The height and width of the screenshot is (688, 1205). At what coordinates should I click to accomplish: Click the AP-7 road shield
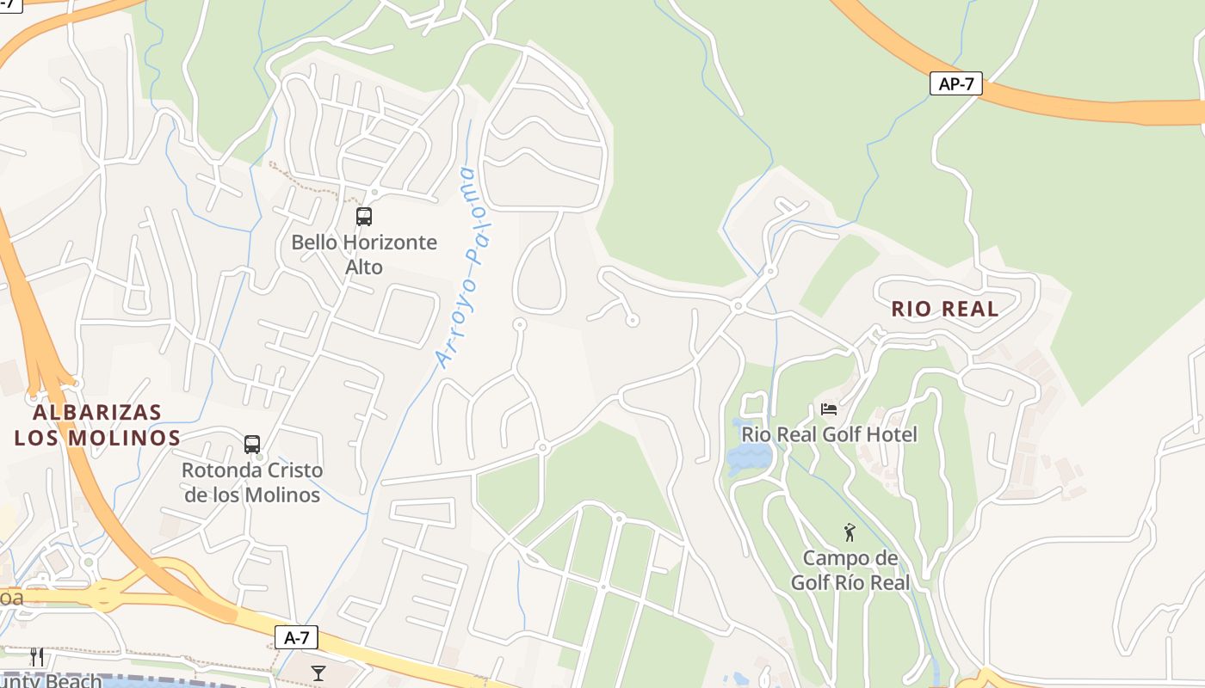tap(955, 83)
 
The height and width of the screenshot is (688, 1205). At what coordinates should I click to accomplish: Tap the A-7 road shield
tap(297, 637)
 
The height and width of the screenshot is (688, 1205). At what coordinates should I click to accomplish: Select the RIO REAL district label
tap(944, 309)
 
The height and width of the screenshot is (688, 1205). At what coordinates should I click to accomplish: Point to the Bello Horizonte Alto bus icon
tap(364, 217)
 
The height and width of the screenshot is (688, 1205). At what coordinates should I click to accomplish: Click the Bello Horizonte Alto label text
tap(364, 255)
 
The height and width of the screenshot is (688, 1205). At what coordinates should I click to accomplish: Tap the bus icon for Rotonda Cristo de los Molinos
tap(252, 444)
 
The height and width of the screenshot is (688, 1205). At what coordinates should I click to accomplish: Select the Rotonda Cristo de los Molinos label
tap(252, 482)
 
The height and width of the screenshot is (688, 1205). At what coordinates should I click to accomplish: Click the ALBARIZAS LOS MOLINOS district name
tap(97, 425)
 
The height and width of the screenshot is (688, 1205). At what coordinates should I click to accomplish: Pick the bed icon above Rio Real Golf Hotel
tap(829, 409)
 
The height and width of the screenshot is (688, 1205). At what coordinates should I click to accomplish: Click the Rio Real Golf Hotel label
tap(830, 434)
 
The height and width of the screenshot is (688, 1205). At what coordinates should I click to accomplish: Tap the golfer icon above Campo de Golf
tap(850, 533)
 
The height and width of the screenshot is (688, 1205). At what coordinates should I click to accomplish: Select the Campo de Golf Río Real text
tap(850, 570)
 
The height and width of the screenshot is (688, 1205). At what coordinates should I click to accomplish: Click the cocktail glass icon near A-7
tap(318, 673)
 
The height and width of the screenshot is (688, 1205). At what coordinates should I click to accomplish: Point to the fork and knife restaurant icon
tap(36, 657)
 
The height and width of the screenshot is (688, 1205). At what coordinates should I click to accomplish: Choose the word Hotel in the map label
tap(893, 434)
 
